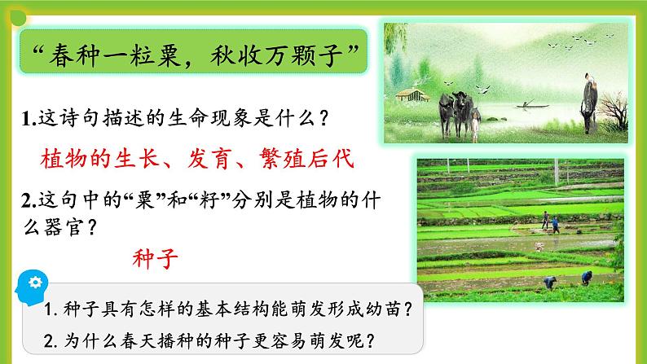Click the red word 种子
point(155,260)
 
